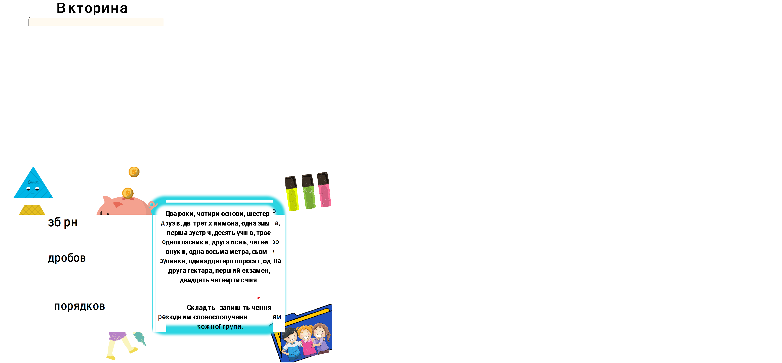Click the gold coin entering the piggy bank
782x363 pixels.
point(128,193)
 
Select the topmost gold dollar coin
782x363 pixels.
point(134,172)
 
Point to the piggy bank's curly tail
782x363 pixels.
point(152,204)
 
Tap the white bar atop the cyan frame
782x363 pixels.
point(219,201)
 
